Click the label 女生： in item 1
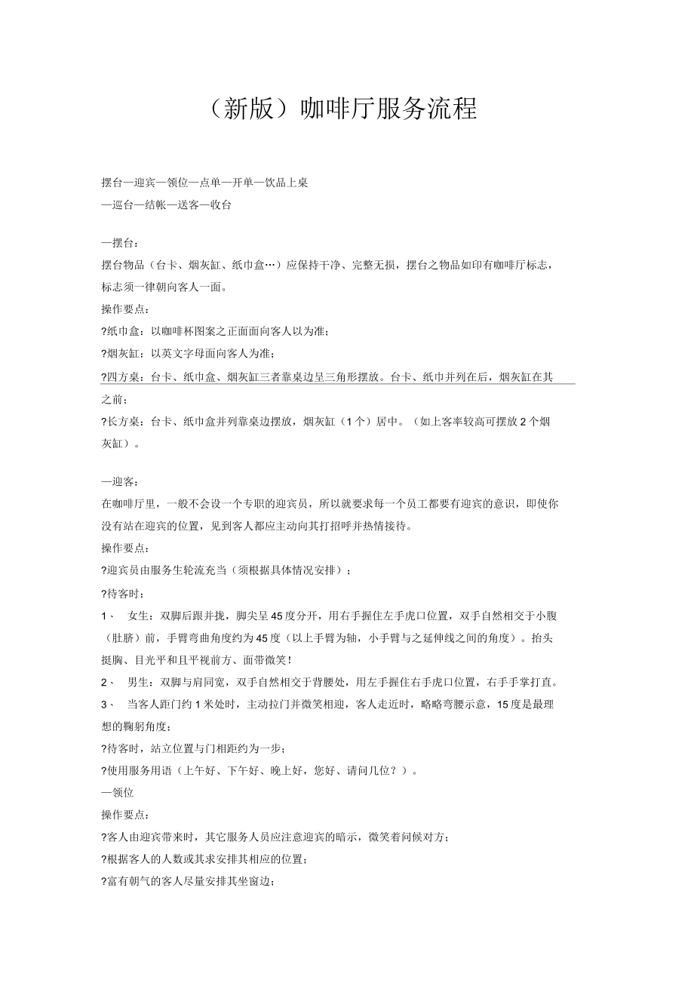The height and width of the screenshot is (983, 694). coord(143,616)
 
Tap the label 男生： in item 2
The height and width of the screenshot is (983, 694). coord(143,683)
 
